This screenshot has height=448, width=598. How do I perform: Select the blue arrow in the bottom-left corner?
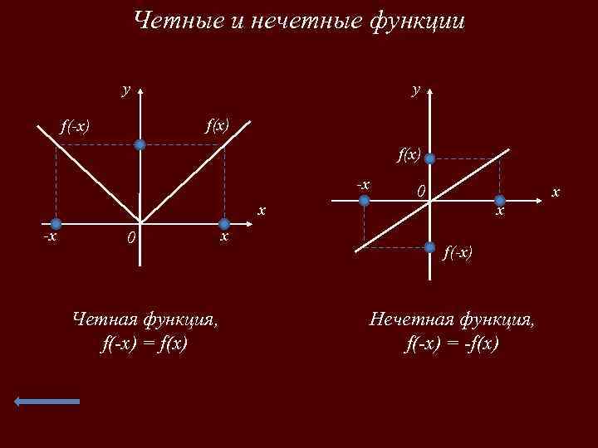[x=47, y=402]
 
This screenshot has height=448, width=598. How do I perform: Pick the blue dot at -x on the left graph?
[x=56, y=224]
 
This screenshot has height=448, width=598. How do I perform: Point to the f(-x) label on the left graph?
[x=74, y=126]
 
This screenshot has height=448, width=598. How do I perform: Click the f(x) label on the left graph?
[x=218, y=126]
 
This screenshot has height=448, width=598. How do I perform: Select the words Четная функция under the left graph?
[x=146, y=318]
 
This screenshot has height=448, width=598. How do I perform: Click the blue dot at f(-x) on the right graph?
[x=430, y=246]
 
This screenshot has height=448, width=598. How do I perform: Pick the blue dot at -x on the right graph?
[x=364, y=200]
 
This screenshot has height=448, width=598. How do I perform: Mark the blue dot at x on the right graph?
[x=500, y=200]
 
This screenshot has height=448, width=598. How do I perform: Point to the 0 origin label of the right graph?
[x=422, y=192]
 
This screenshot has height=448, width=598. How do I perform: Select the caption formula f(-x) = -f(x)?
[x=453, y=343]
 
